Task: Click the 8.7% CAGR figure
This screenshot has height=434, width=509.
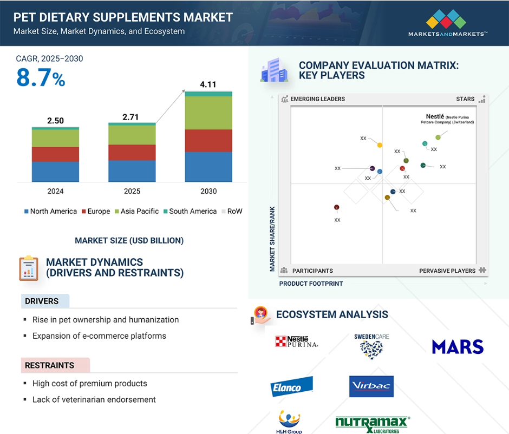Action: pos(41,78)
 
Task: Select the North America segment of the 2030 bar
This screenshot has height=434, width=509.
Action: pos(208,167)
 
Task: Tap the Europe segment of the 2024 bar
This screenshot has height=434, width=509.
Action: pos(55,154)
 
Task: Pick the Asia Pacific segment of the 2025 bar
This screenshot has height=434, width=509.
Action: pos(132,135)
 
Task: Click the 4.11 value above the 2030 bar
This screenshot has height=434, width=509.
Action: pos(208,84)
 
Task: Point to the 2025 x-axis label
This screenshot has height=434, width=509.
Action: pos(132,192)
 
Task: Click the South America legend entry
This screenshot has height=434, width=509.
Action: pos(190,212)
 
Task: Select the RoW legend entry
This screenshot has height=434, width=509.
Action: pos(232,212)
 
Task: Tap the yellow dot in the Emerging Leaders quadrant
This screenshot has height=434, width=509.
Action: pos(380,145)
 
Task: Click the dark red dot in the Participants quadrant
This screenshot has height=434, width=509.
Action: pos(337,207)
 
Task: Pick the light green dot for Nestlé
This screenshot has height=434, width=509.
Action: pos(438,137)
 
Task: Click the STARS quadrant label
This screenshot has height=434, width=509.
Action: pos(465,99)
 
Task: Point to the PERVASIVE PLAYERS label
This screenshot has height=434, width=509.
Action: pos(447,271)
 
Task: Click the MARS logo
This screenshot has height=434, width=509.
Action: pos(458,347)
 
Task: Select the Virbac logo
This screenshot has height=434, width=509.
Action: pos(371,386)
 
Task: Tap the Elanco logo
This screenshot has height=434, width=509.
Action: pos(291,386)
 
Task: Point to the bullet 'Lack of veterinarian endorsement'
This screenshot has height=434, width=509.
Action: pos(94,399)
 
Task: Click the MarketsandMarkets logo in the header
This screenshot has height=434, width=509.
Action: pos(448,23)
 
